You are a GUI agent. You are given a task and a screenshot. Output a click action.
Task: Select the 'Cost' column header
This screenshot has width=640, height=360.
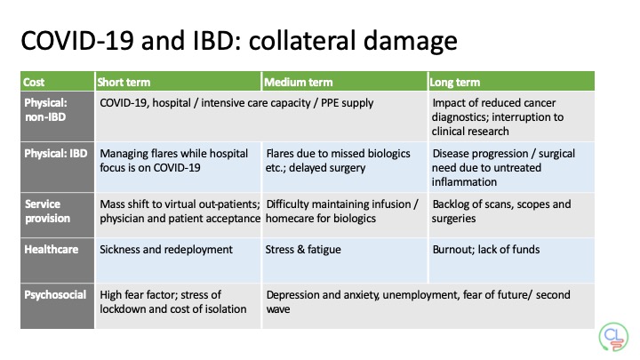pyautogui.click(x=35, y=83)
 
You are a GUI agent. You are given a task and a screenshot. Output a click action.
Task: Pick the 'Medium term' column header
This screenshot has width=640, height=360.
pyautogui.click(x=297, y=83)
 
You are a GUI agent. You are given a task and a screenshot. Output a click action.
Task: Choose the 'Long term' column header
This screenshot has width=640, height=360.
pyautogui.click(x=455, y=83)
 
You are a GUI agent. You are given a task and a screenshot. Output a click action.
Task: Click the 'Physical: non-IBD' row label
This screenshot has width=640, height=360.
pyautogui.click(x=45, y=110)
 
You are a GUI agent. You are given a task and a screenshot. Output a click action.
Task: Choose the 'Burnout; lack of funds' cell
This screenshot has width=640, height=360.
pyautogui.click(x=485, y=250)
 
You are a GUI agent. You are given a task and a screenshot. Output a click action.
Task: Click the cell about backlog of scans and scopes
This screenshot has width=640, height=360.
pyautogui.click(x=500, y=211)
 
